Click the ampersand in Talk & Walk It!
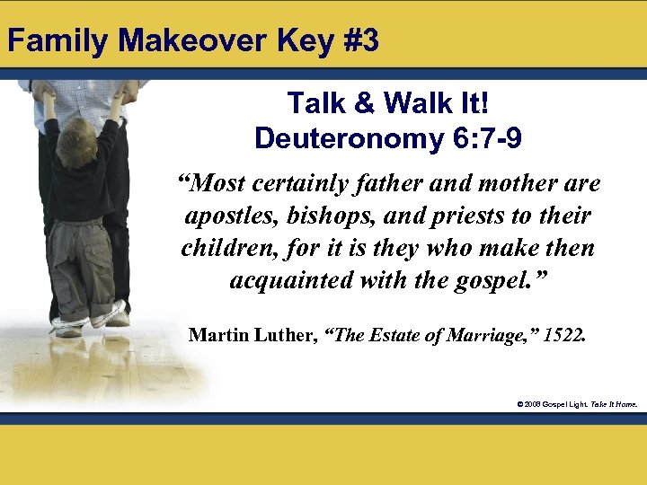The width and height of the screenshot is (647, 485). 363,104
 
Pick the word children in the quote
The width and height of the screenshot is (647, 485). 221,247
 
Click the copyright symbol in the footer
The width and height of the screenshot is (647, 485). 519,404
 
